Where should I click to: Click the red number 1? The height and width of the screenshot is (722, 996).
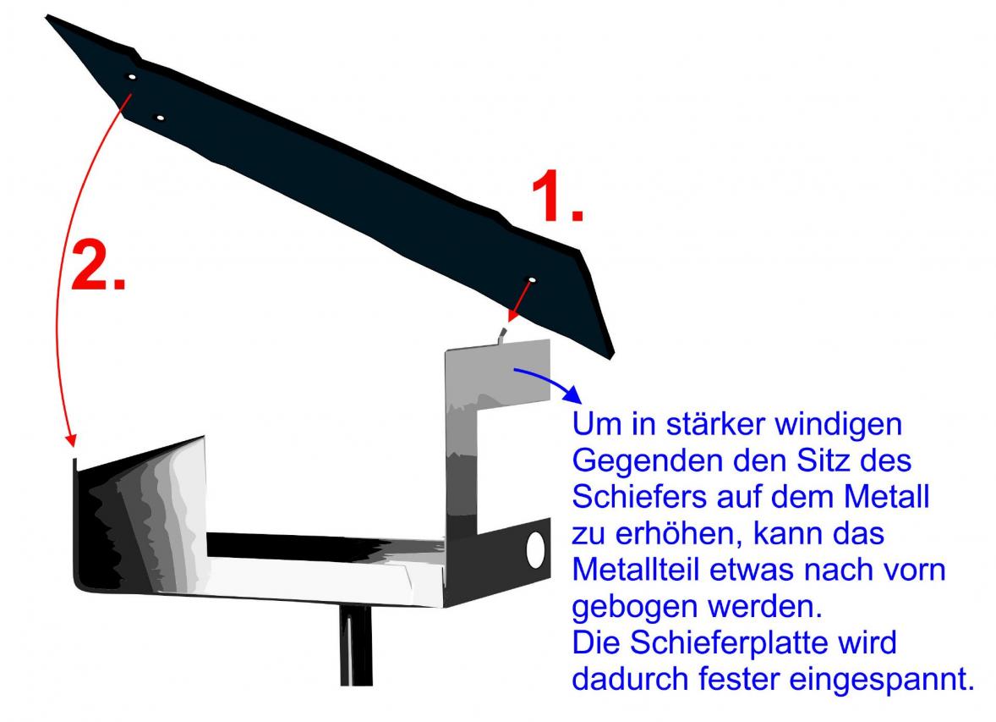tap(556, 196)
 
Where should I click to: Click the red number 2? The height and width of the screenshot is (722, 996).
tap(98, 265)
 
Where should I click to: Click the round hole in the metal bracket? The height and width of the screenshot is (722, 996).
tap(535, 550)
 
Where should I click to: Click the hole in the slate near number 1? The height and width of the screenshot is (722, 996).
tap(532, 280)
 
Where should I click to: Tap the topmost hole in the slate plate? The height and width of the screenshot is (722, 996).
tap(132, 77)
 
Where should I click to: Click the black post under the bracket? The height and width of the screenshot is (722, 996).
tap(356, 645)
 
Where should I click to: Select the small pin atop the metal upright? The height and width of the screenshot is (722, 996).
tap(502, 335)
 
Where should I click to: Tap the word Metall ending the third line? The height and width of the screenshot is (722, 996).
tap(886, 496)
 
